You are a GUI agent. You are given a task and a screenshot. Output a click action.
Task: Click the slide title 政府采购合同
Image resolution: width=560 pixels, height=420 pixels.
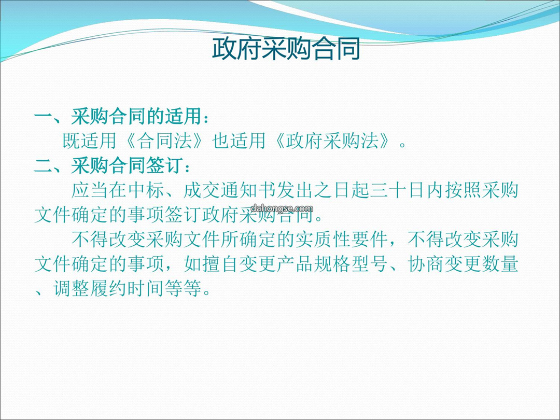tap(286, 49)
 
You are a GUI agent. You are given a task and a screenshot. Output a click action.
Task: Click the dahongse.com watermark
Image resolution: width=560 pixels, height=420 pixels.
tap(282, 208)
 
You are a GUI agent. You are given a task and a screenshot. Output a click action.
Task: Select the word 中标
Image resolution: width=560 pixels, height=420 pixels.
tap(146, 190)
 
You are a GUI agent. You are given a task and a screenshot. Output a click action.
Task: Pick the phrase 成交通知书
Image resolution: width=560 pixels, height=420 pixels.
tap(230, 190)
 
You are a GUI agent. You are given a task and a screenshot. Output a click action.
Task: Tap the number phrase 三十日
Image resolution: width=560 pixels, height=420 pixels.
tap(397, 190)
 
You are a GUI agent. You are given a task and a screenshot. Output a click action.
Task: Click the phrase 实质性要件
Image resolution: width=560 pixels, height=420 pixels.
tap(341, 239)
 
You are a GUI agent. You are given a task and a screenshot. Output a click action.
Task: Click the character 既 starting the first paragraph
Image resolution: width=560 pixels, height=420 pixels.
tap(72, 141)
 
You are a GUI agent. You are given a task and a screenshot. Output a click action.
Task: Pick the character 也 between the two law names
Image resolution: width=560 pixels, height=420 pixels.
tap(221, 141)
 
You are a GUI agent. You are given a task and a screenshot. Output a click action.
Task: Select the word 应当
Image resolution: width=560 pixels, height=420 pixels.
tap(90, 190)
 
